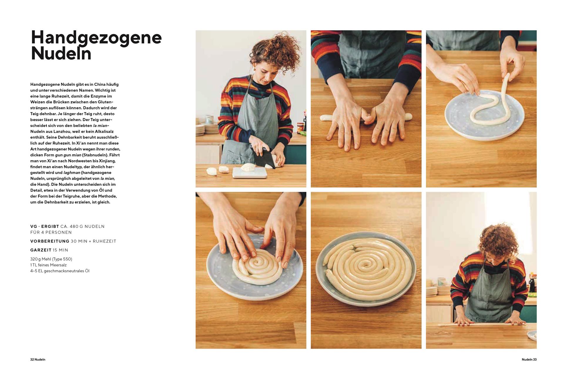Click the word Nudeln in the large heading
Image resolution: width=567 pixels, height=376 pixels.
[61, 53]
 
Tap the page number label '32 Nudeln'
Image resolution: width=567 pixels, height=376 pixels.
[38, 360]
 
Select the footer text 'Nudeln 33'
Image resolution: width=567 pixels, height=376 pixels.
[529, 360]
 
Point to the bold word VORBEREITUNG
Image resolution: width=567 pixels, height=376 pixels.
[50, 241]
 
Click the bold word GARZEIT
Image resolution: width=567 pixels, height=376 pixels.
[41, 250]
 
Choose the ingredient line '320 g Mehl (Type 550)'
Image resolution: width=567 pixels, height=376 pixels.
[51, 259]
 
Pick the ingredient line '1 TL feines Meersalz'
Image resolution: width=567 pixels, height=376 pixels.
[48, 265]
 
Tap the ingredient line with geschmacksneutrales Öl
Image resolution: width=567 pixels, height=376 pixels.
[60, 271]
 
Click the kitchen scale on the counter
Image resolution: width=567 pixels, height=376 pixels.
[250, 173]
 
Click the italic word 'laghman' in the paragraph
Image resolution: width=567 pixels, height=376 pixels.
[72, 172]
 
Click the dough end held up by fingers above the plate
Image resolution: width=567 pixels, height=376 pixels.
[506, 77]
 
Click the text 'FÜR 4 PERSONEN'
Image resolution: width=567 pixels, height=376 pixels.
[51, 232]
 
